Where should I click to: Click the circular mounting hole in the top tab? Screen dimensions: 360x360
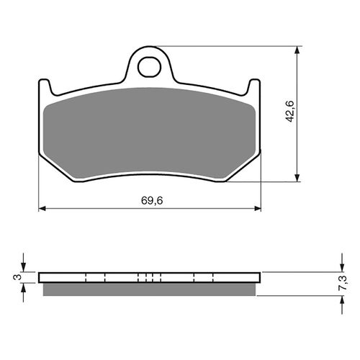point(150,66)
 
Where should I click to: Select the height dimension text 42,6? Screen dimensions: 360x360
point(289,113)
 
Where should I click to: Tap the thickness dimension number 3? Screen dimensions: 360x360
point(16,276)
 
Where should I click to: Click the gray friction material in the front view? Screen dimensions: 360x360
point(149,133)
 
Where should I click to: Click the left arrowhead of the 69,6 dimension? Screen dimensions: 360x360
point(42,209)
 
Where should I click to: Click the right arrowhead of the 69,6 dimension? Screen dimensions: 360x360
point(257,209)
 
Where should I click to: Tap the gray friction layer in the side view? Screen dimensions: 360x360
point(149,288)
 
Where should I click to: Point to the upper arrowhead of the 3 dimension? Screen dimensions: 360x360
point(25,269)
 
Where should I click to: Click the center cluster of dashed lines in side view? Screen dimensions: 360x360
point(149,277)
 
